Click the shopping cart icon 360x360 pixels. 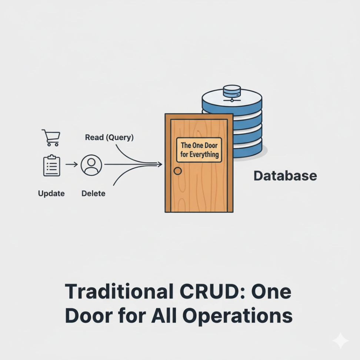(x=51, y=137)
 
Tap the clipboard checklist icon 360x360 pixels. (x=51, y=166)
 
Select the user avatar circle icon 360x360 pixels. (x=91, y=165)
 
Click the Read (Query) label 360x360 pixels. (x=109, y=137)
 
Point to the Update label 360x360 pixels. (x=51, y=193)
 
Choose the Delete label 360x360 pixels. (x=93, y=193)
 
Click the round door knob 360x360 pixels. (x=178, y=171)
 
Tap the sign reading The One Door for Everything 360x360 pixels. (x=199, y=150)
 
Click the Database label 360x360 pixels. (x=285, y=176)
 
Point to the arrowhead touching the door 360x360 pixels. (x=160, y=164)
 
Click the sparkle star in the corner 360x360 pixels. (x=340, y=341)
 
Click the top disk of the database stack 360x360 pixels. (x=232, y=99)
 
